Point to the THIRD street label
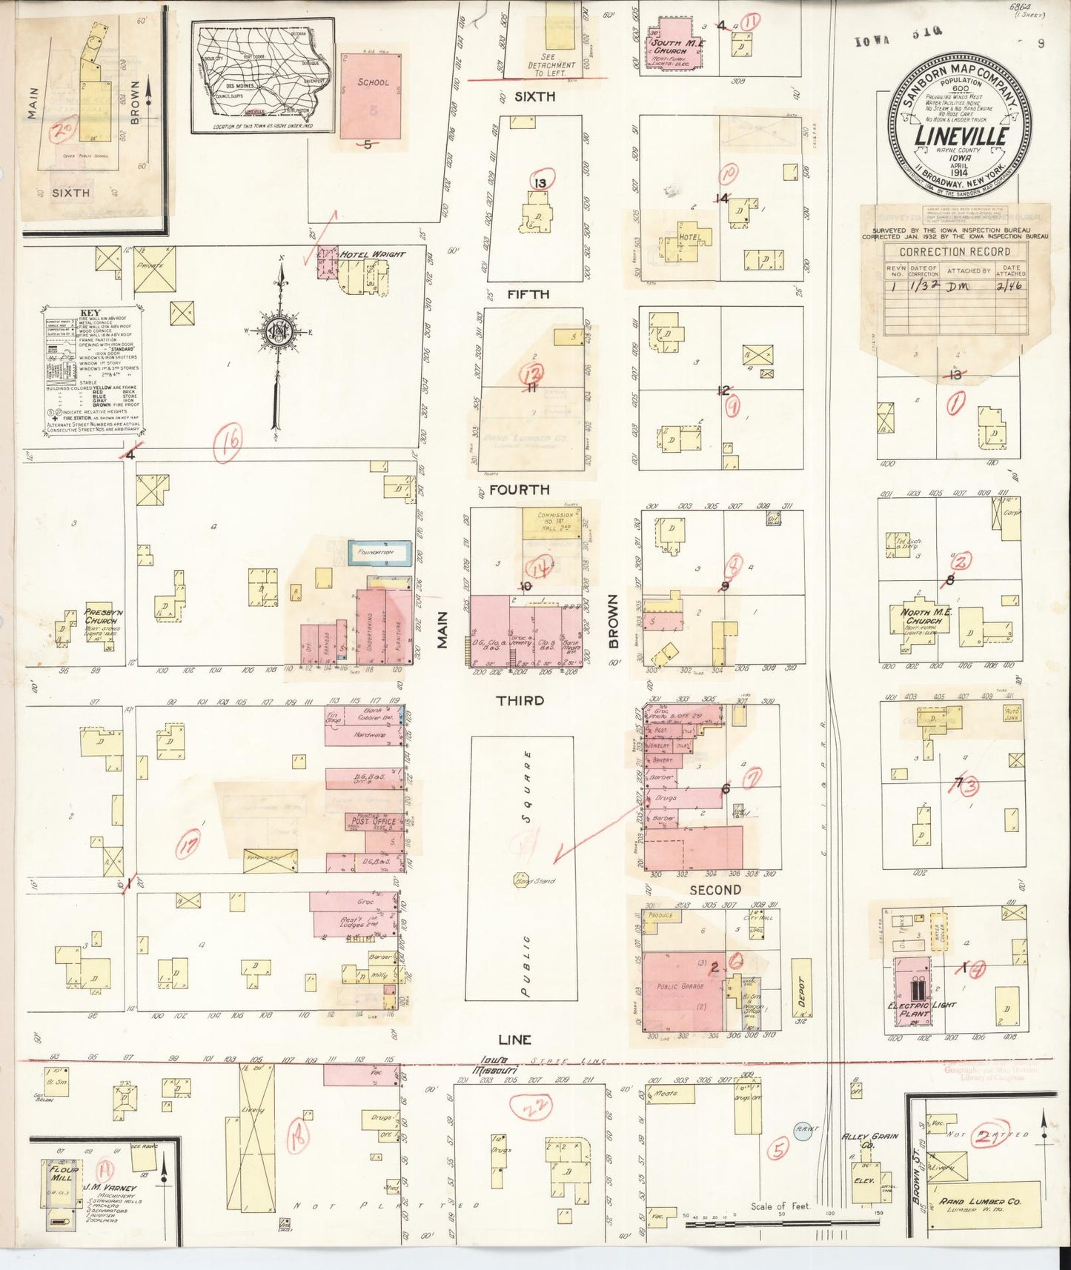pos(520,700)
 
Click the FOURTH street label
pos(519,490)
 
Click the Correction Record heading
pos(954,252)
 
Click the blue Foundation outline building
pos(379,553)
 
